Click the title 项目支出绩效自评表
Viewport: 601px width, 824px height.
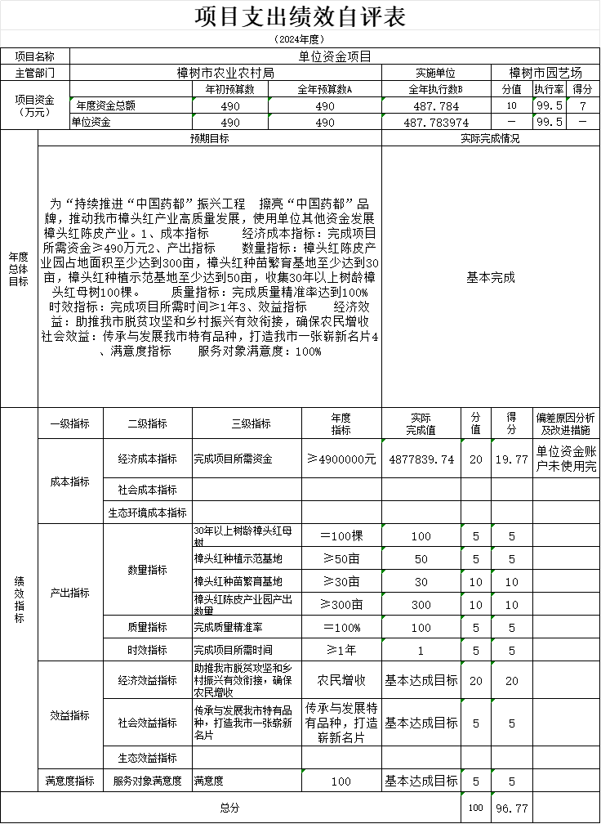tap(300, 16)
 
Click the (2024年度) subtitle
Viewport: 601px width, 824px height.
tap(300, 39)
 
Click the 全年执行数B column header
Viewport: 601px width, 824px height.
tap(435, 89)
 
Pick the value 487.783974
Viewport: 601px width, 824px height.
tap(436, 122)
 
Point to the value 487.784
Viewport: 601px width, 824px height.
tap(436, 106)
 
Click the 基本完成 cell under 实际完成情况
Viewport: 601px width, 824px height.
tap(490, 277)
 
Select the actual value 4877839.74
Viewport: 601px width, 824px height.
tap(421, 459)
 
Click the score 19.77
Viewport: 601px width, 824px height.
tap(511, 459)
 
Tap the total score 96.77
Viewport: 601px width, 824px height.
tap(511, 808)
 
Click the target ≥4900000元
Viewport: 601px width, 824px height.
tap(341, 459)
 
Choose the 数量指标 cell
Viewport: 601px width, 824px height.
tap(147, 570)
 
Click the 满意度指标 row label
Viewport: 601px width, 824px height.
tap(70, 781)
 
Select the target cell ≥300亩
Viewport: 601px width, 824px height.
tap(341, 605)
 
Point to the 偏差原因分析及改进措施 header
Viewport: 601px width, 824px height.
tap(565, 423)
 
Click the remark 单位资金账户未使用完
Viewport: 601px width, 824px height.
tap(565, 459)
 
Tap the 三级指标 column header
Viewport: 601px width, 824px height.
tap(251, 423)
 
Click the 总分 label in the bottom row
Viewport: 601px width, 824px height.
tap(230, 808)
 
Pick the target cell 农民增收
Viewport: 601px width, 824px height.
tap(341, 680)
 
